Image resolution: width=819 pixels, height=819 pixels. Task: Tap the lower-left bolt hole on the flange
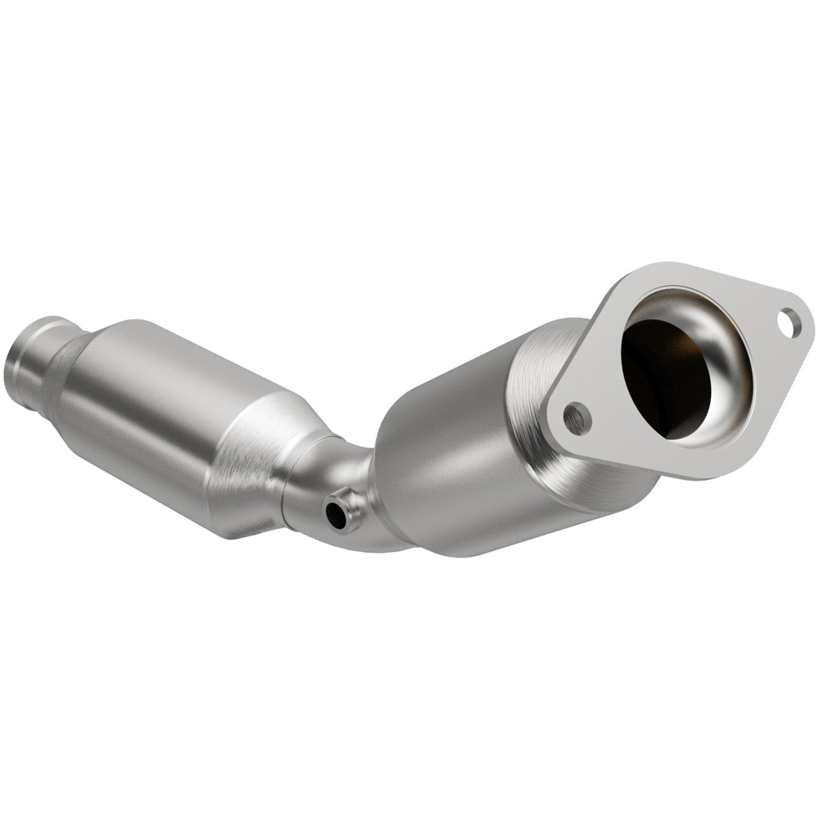577,419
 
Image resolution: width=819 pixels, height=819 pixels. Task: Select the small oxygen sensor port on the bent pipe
337,514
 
